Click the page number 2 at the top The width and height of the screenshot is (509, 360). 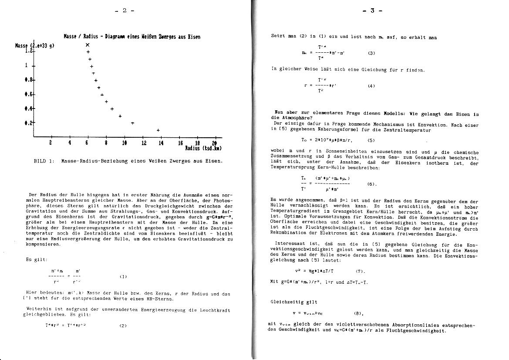pos(125,10)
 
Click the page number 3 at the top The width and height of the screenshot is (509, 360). pos(372,10)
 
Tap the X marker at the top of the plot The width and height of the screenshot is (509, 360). pos(88,45)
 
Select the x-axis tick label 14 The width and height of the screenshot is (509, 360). pos(161,143)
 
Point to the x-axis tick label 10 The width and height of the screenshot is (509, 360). pos(125,143)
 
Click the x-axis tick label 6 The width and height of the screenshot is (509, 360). pos(87,143)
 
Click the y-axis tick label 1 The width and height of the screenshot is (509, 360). pos(27,65)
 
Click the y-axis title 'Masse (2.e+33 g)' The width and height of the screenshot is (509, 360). pos(34,45)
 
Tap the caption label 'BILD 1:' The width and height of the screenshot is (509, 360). pos(44,161)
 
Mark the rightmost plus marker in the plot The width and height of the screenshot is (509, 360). pos(158,130)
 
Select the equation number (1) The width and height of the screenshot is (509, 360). pos(123,276)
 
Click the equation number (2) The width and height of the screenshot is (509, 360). pos(123,325)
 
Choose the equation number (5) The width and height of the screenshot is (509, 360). pos(371,140)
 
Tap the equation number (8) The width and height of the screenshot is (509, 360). pos(359,313)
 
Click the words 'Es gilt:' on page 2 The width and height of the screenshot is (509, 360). pos(34,260)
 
